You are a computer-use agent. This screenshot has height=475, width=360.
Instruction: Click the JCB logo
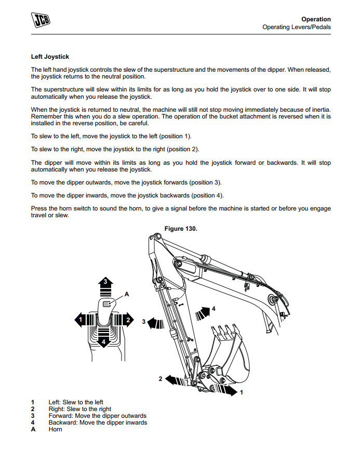tap(43, 21)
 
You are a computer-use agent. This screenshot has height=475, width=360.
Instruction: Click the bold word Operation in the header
tap(316, 19)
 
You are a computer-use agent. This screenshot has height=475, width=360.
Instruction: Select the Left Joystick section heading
tap(50, 57)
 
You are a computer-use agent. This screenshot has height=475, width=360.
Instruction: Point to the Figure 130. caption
tap(181, 229)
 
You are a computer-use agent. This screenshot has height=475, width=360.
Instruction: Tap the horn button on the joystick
tap(106, 304)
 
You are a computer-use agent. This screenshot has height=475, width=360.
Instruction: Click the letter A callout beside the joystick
tap(126, 294)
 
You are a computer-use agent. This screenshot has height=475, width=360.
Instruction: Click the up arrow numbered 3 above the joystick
tap(105, 284)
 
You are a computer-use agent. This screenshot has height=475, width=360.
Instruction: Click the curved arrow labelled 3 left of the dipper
tap(155, 323)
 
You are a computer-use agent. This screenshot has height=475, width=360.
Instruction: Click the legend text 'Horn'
tap(55, 429)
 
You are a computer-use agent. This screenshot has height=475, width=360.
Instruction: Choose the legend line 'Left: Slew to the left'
tap(76, 402)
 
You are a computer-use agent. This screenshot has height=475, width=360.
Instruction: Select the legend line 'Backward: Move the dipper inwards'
tap(98, 423)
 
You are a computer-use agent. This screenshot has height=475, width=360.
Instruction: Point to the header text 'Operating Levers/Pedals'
tap(296, 27)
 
